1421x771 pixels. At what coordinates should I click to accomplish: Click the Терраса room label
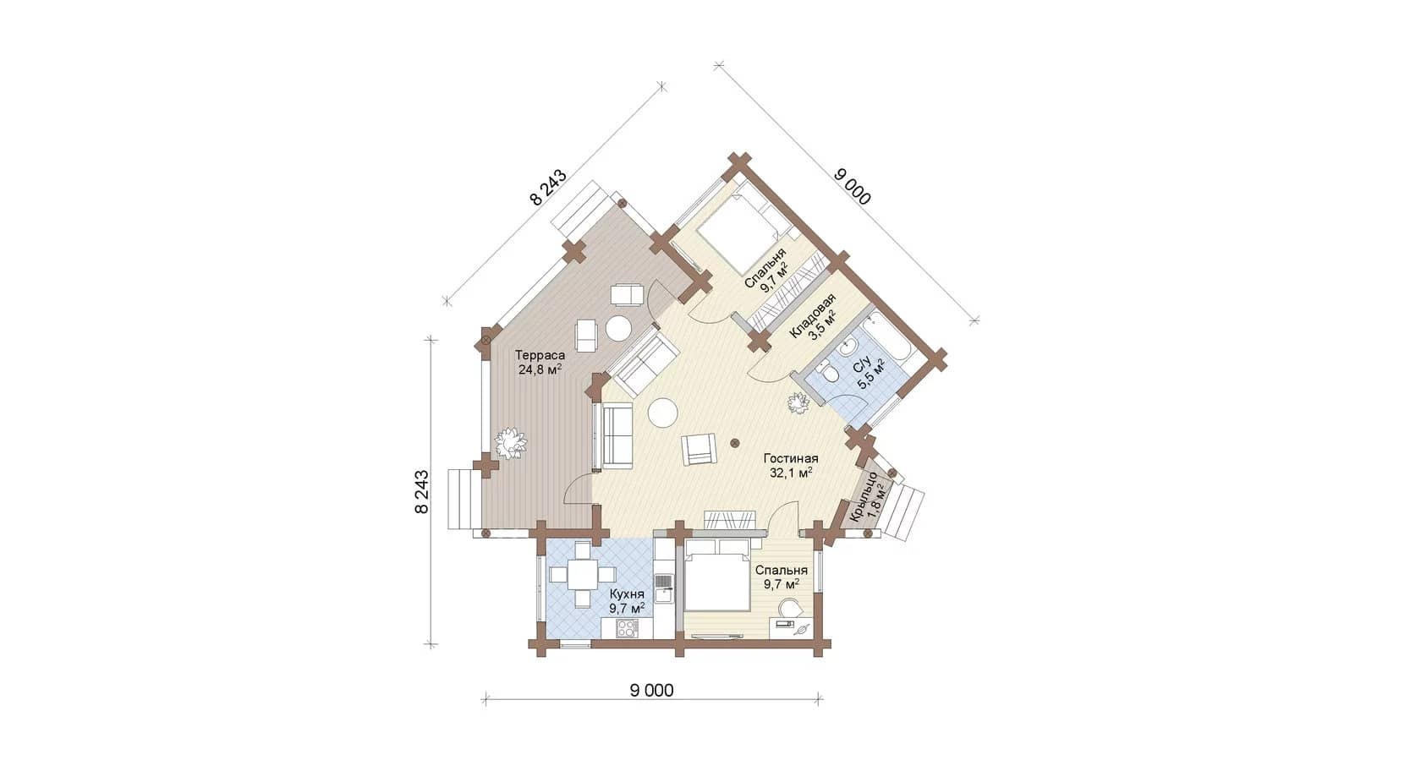[540, 355]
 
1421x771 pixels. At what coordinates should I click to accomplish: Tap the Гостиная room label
[790, 458]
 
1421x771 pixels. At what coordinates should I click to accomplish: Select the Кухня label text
[627, 595]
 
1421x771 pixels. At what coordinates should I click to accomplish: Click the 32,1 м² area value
[791, 473]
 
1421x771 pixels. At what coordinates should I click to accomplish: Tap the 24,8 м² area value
[540, 369]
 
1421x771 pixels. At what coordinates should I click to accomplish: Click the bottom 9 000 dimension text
[651, 691]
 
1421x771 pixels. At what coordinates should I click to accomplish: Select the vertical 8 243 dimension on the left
[422, 491]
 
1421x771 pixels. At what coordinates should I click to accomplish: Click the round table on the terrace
[617, 328]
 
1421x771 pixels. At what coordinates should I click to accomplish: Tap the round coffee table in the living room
[663, 413]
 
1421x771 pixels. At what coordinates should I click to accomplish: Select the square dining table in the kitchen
[139, 575]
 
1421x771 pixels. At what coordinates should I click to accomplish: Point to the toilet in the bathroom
[826, 372]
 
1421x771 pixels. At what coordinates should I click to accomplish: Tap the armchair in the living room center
[699, 449]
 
